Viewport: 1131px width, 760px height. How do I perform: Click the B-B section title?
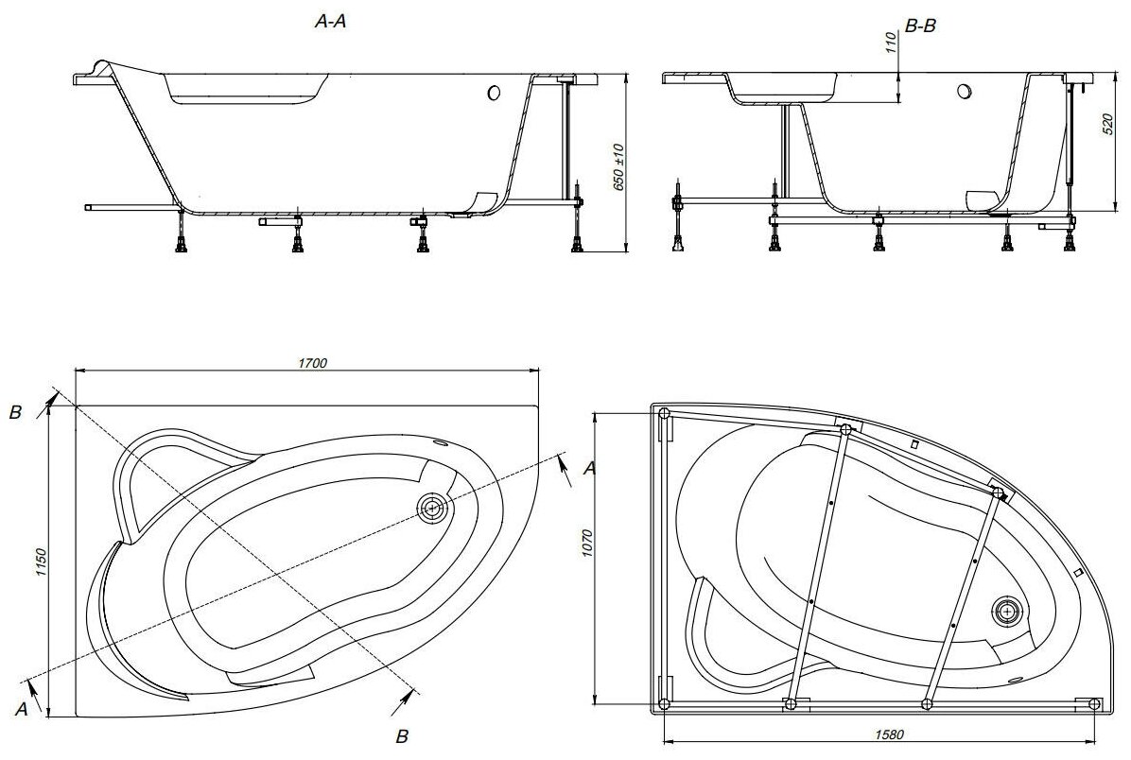920,28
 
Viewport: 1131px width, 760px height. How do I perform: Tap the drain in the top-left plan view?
433,508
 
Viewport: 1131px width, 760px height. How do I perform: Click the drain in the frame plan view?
1008,611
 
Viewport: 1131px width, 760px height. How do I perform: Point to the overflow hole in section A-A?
494,93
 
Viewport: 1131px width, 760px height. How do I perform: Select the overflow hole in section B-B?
964,93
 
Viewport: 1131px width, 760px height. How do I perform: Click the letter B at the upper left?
14,412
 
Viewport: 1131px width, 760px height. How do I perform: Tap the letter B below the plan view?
401,736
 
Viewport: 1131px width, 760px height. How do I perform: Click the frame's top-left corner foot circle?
664,413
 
